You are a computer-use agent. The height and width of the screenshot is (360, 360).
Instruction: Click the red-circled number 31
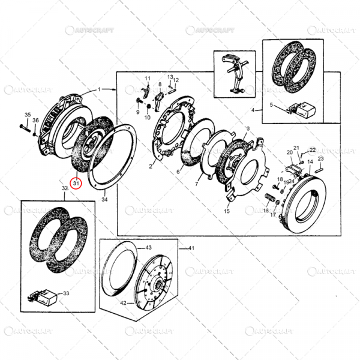tap(75, 183)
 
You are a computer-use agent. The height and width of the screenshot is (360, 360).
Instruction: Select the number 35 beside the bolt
tap(27, 115)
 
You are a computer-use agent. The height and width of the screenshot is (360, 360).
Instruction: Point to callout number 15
tap(227, 212)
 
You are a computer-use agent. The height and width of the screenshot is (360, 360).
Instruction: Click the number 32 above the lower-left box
tap(65, 188)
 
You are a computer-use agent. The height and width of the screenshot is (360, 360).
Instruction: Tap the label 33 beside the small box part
tap(66, 293)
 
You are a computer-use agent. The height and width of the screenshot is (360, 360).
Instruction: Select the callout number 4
tap(253, 110)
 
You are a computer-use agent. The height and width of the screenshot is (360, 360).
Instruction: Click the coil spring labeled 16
tap(270, 198)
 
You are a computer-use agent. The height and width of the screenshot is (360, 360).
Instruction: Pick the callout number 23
tap(321, 159)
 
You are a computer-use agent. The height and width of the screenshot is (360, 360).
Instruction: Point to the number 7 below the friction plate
tap(196, 184)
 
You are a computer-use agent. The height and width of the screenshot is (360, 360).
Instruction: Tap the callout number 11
tap(146, 79)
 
